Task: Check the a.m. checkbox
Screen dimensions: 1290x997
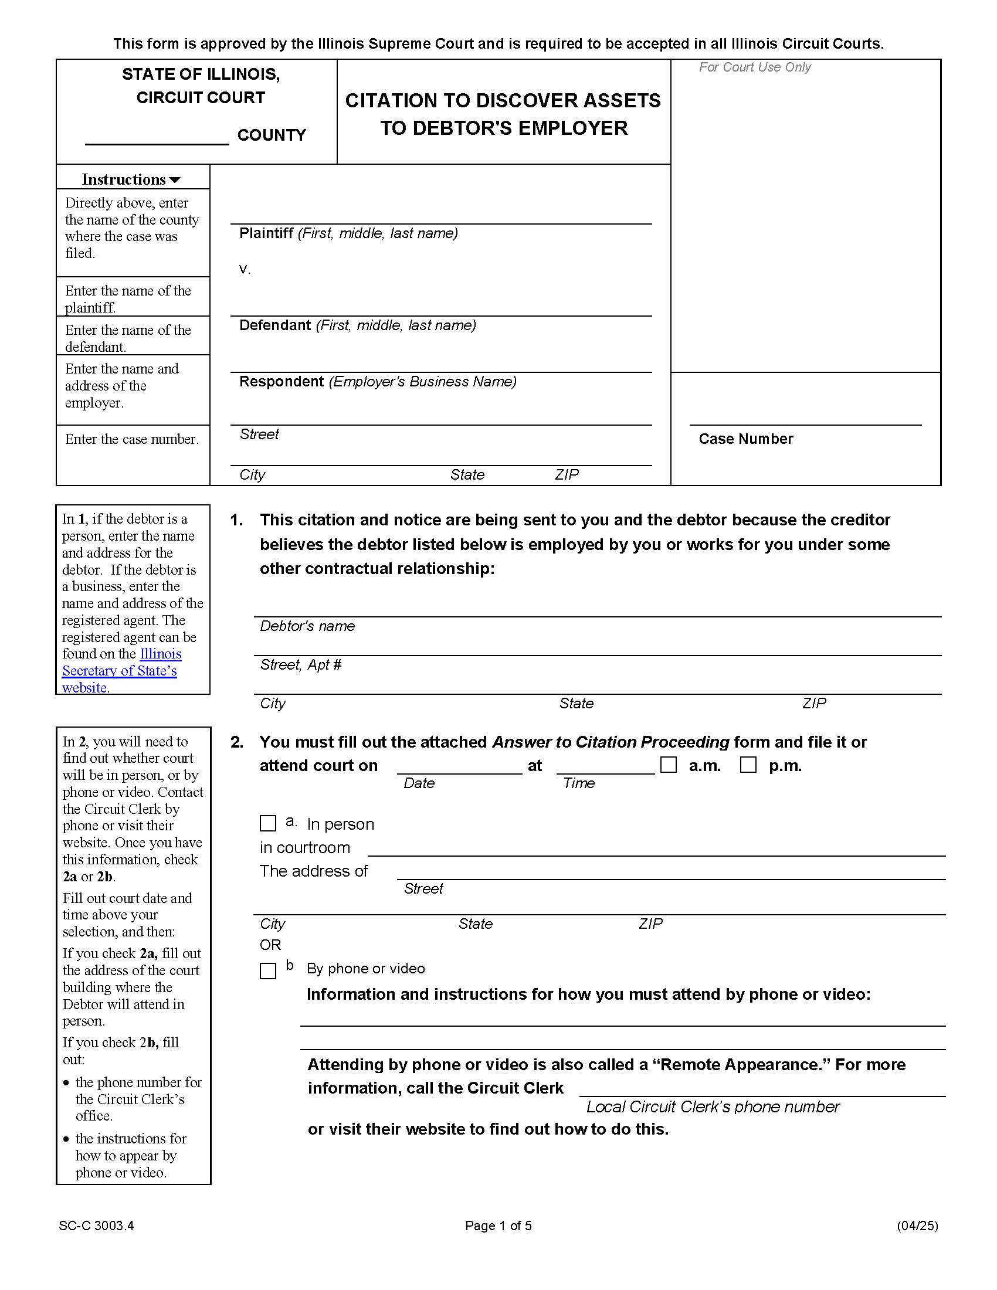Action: point(668,765)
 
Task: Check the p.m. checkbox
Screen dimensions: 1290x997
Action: point(748,765)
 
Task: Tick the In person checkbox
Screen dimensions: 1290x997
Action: point(267,823)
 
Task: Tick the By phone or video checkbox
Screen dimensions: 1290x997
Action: point(267,971)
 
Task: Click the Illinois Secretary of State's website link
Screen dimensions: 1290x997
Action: point(120,670)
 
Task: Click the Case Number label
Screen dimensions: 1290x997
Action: point(745,439)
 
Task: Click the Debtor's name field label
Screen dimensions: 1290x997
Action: point(307,626)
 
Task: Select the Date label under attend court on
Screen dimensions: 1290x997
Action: point(419,783)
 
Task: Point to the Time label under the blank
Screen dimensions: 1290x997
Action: point(578,783)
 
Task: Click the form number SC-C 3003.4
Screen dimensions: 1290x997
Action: point(96,1225)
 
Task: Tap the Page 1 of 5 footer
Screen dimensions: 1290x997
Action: point(498,1225)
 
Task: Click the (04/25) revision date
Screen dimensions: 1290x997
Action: point(917,1225)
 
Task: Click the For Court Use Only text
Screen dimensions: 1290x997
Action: point(754,67)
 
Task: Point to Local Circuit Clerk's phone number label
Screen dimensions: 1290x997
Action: point(713,1107)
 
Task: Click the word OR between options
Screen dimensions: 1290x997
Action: point(270,945)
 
